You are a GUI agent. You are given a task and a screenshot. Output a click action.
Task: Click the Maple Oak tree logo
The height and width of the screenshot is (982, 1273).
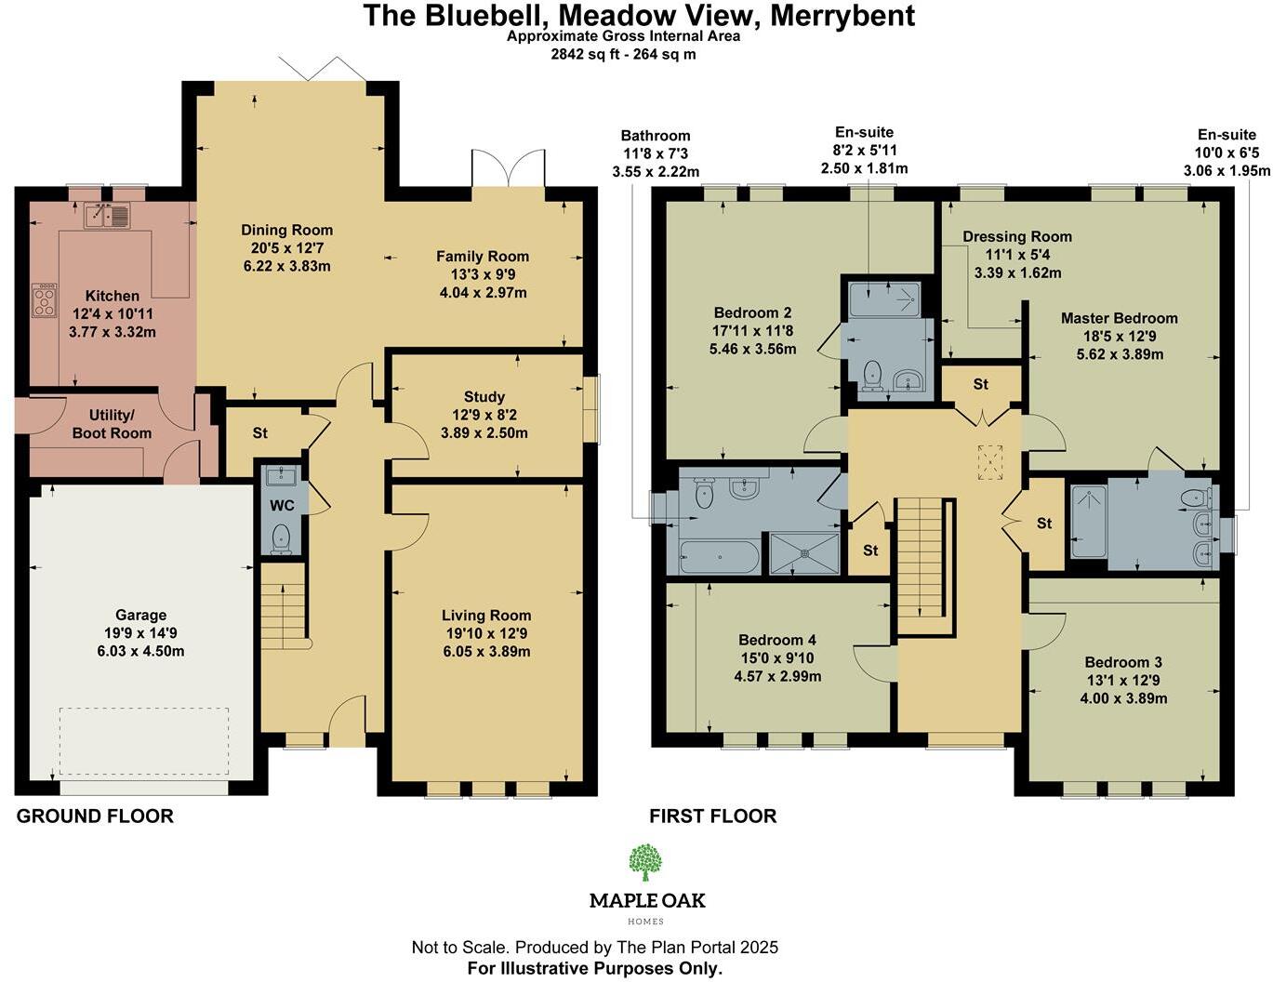pos(645,862)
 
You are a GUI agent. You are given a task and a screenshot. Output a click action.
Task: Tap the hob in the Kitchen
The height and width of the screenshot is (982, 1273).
pos(45,299)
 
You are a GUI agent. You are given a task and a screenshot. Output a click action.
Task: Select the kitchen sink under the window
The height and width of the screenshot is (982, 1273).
pos(107,216)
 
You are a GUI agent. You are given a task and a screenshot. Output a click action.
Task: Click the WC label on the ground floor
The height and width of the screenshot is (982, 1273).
pos(282,506)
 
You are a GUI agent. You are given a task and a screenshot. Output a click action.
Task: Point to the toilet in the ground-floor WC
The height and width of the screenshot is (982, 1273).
pos(280,537)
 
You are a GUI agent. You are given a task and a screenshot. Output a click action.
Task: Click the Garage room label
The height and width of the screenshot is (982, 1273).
pos(140,615)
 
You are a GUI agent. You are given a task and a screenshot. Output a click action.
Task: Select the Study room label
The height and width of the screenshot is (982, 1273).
pos(484,397)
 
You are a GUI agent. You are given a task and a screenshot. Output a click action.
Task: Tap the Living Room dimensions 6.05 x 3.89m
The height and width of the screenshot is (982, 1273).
pos(486,651)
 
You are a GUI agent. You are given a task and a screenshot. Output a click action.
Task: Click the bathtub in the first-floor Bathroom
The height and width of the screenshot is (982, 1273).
pos(719,557)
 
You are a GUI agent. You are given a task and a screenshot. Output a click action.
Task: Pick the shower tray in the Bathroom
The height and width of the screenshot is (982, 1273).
pos(803,553)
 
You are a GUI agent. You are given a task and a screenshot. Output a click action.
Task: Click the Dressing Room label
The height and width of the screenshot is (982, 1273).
pos(1017,236)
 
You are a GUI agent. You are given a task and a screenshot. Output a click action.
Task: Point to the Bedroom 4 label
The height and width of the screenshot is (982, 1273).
pos(777,640)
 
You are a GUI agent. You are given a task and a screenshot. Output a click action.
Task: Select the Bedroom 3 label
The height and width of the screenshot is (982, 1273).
pos(1123,662)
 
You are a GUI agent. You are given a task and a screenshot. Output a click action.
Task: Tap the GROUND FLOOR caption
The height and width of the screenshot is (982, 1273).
pos(95,816)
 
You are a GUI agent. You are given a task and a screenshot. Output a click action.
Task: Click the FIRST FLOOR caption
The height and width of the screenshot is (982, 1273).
pos(712,816)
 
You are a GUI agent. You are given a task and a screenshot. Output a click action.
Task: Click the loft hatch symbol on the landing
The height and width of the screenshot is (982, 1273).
pos(990,462)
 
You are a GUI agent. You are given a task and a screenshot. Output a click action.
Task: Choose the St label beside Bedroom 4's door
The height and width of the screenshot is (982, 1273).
pos(870,551)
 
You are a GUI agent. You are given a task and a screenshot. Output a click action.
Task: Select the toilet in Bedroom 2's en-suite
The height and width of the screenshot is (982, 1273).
pos(872,375)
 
